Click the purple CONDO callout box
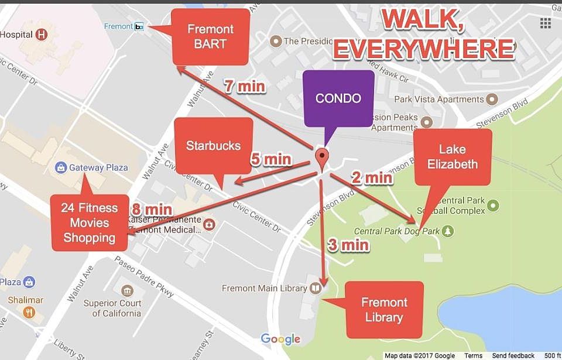pos(338,98)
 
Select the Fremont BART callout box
pos(210,36)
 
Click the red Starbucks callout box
pos(214,146)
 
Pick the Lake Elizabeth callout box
pos(453,157)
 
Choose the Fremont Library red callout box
pos(384,310)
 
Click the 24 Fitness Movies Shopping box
pos(90,223)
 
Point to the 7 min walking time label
pos(245,87)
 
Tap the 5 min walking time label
pos(270,159)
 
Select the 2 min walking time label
pos(372,177)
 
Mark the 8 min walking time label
pos(152,209)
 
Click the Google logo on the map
pos(280,339)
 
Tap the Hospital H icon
pos(42,35)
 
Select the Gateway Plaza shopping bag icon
pos(61,167)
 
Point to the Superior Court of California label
pos(112,308)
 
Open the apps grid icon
pos(545,23)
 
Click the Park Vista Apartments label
pos(439,100)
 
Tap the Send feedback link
pos(513,355)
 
